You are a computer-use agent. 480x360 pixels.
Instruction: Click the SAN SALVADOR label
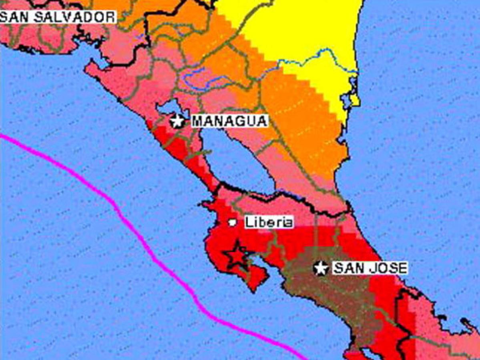click(57, 16)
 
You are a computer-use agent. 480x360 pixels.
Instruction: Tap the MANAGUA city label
click(229, 121)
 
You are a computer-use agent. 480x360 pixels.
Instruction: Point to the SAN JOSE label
click(370, 268)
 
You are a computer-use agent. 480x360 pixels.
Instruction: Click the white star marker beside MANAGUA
click(177, 120)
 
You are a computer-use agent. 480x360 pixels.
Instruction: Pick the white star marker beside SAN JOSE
click(321, 268)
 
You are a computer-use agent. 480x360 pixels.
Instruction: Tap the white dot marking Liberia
click(232, 222)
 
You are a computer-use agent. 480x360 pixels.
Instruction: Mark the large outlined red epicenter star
click(237, 255)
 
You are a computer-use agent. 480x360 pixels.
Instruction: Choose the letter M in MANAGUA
click(197, 121)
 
